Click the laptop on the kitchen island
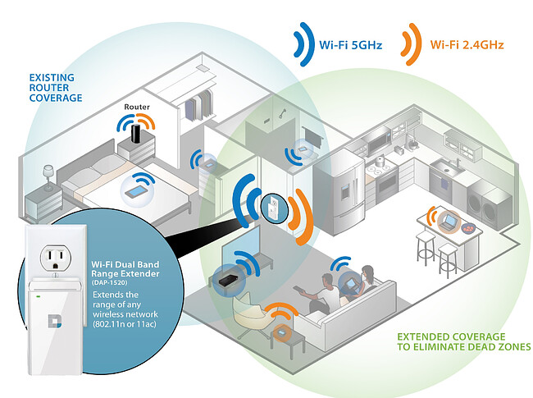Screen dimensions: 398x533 [x=449, y=220]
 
